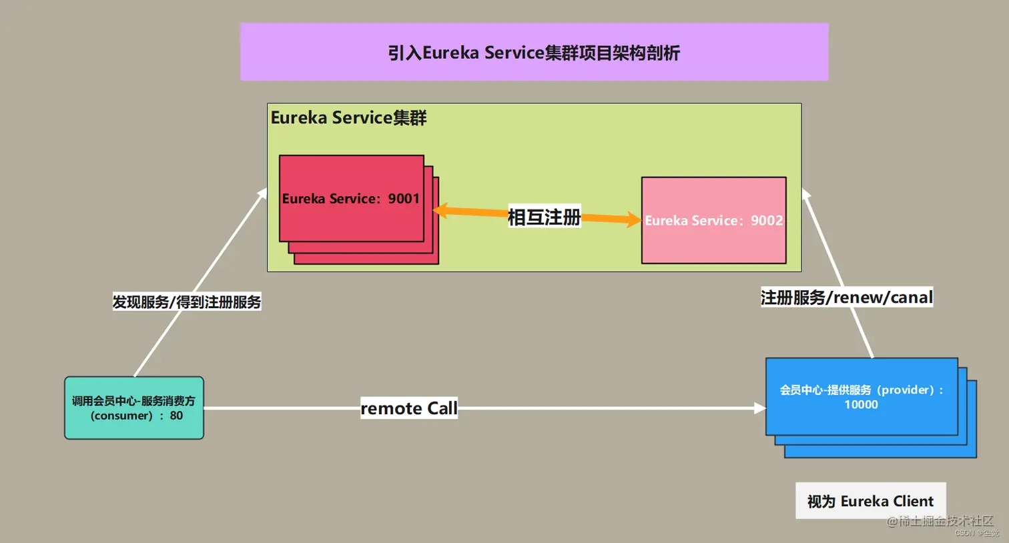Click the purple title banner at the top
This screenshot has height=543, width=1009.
click(534, 52)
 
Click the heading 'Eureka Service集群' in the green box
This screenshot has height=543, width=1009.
click(348, 118)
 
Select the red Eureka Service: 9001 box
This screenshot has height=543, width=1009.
click(351, 199)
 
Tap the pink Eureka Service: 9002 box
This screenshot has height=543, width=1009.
click(713, 220)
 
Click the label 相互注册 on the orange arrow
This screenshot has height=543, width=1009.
click(544, 217)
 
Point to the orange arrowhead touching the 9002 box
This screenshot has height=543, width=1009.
click(634, 219)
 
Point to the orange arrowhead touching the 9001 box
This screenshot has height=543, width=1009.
click(440, 211)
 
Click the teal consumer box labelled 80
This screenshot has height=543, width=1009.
click(134, 408)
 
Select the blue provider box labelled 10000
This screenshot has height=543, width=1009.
click(861, 397)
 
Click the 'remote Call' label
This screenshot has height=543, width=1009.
click(409, 408)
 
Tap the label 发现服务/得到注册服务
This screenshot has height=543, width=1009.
click(186, 302)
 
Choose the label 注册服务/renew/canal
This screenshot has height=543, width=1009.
click(846, 298)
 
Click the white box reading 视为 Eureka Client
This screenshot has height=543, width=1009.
click(870, 501)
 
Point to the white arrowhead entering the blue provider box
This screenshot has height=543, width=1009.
click(759, 408)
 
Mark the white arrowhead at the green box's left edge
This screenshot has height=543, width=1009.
click(262, 193)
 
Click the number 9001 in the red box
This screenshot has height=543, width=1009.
click(404, 199)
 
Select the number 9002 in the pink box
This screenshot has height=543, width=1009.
click(767, 220)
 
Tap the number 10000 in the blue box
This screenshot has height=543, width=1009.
click(861, 404)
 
